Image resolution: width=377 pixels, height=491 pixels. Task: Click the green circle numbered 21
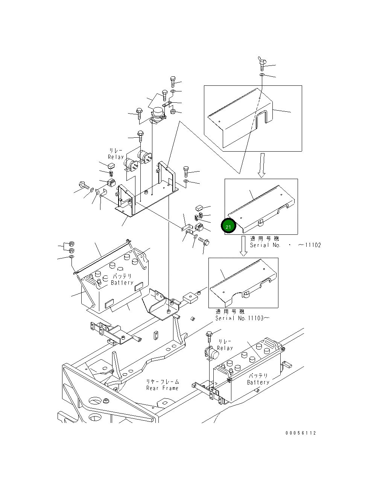point(228,226)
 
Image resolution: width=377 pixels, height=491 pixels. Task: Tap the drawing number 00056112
point(300,433)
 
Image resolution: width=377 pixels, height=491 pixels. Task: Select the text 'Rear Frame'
point(163,388)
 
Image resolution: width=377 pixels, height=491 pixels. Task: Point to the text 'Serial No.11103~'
point(242,318)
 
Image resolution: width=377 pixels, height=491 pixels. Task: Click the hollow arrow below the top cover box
point(262,165)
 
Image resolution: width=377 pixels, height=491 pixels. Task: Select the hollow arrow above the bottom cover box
point(243,246)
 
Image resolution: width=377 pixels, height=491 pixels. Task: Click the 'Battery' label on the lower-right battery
point(258,382)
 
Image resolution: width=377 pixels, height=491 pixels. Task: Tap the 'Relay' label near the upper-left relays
point(116,157)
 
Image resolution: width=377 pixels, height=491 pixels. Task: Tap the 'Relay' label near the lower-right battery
point(225,348)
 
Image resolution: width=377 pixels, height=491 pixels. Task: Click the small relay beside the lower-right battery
point(212,354)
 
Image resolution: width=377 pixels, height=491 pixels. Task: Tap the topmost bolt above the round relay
point(172,81)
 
